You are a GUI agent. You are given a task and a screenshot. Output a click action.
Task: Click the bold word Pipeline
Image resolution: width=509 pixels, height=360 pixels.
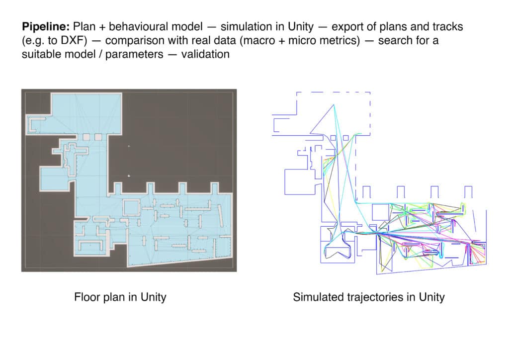coord(46,27)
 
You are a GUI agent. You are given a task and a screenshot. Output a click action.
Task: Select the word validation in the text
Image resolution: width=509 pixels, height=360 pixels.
coord(205,54)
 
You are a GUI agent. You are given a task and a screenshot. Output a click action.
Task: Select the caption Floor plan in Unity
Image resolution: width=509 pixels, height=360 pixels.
coord(120,297)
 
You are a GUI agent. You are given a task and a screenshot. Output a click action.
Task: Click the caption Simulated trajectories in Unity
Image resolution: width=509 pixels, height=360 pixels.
coord(369,297)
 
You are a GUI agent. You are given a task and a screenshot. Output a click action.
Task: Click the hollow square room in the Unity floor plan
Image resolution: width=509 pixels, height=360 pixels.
coord(131,207)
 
